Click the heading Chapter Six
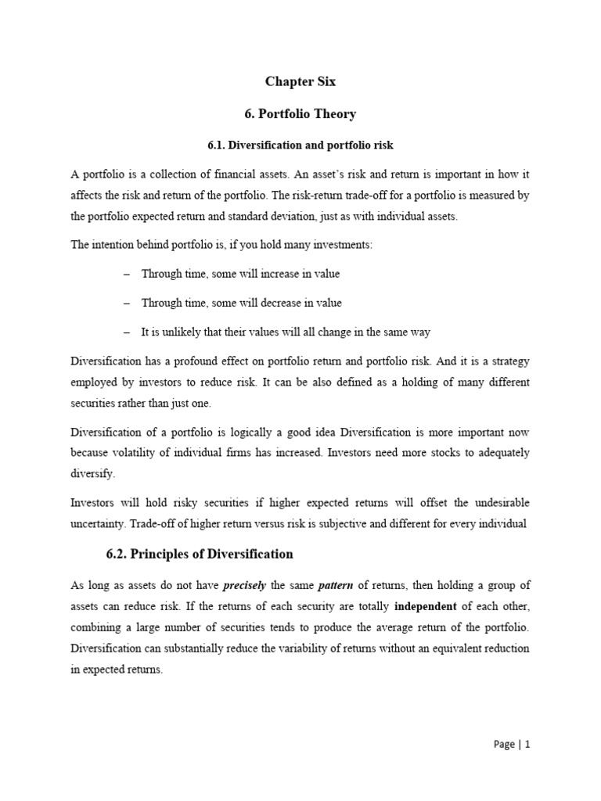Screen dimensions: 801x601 (300, 81)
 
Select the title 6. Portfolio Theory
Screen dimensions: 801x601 (300, 114)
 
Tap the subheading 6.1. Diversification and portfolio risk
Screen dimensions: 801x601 (300, 145)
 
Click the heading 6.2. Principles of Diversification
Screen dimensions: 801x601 (200, 555)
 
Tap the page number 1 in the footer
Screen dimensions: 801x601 (527, 745)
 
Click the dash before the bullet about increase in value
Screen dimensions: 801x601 (126, 275)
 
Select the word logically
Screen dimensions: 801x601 (239, 432)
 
